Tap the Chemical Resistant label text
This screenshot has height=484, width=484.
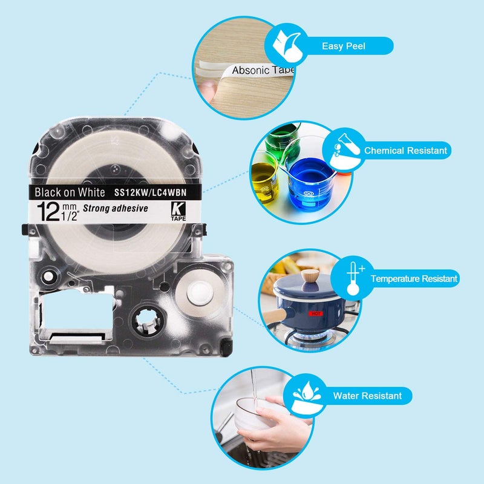tap(405, 150)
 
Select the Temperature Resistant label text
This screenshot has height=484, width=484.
tap(414, 279)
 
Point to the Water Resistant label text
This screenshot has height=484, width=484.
tap(367, 396)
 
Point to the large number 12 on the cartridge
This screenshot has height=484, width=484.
tap(47, 212)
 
